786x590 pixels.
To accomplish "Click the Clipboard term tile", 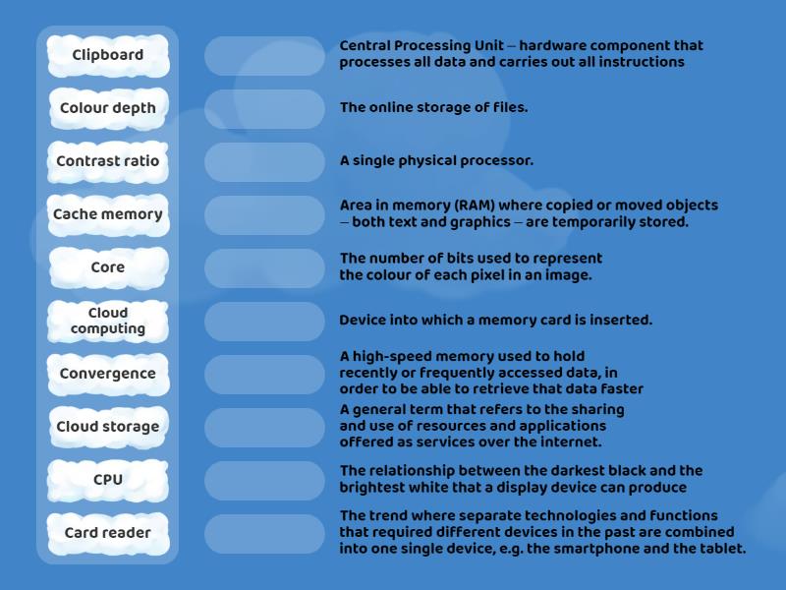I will pos(108,55).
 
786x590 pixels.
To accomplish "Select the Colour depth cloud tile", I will pos(108,108).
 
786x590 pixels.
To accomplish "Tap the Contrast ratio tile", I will pos(108,161).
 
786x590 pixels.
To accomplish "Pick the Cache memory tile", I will pos(108,214).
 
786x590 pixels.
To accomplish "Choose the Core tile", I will pos(108,267).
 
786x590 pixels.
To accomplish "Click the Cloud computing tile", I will pos(108,321).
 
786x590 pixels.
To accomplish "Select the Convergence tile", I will pos(108,374).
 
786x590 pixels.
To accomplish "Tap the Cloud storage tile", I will pos(108,427).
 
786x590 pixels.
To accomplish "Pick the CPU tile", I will pos(108,480).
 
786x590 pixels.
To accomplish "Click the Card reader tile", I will pos(108,533).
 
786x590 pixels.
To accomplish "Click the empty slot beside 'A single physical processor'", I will pos(264,162).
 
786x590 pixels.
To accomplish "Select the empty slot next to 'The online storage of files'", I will pos(264,109).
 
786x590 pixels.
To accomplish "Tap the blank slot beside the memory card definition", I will pos(264,322).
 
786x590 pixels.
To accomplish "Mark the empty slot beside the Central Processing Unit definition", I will pos(264,56).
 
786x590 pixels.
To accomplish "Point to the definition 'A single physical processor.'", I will pos(436,161).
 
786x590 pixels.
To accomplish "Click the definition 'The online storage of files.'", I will pos(433,108).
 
